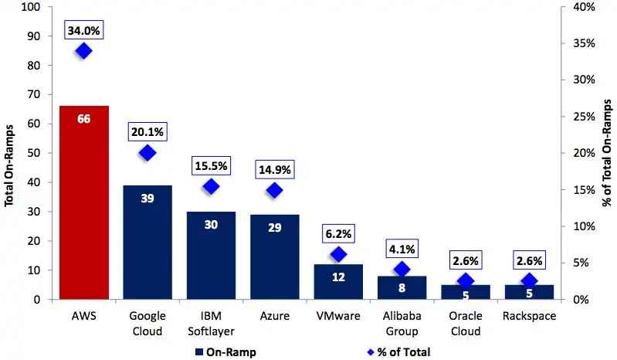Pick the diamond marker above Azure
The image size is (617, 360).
click(275, 191)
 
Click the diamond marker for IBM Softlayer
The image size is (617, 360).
click(211, 186)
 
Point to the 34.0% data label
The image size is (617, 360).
click(84, 31)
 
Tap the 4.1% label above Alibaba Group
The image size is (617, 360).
click(402, 250)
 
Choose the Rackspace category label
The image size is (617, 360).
click(529, 316)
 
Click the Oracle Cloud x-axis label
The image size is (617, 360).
click(466, 324)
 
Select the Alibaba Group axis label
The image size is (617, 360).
click(402, 324)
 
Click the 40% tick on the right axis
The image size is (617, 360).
click(585, 7)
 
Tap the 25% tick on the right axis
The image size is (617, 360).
click(585, 117)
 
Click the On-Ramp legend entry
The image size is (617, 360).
click(225, 351)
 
